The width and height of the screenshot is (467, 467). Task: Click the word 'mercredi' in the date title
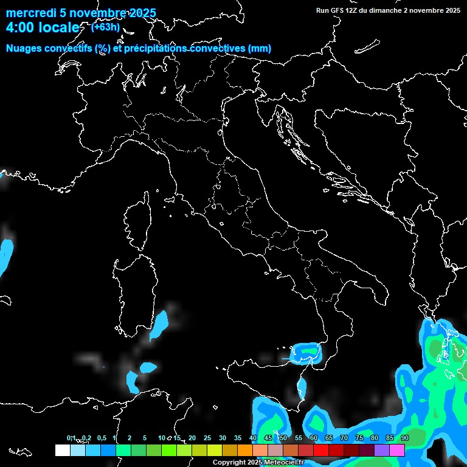click(27, 13)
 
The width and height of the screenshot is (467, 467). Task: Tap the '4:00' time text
click(21, 28)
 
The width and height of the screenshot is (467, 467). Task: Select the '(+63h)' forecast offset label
click(105, 27)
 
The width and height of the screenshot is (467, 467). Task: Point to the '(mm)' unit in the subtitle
click(259, 49)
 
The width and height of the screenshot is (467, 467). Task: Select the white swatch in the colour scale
click(62, 450)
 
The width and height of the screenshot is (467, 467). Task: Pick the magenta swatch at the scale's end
click(397, 450)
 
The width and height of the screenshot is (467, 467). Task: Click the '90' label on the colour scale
click(405, 438)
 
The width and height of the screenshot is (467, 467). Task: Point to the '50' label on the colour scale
click(283, 438)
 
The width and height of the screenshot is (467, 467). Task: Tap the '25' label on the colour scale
click(207, 438)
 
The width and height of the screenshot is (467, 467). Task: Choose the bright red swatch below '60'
click(321, 450)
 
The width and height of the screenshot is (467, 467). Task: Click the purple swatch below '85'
click(382, 450)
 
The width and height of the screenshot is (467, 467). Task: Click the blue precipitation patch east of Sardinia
click(160, 322)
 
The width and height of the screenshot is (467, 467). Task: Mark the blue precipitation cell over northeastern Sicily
click(307, 352)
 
